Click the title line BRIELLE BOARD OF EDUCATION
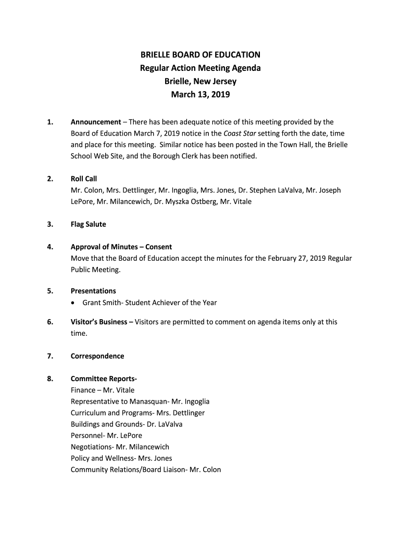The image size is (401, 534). coord(200,55)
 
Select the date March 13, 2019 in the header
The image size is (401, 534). coord(200,95)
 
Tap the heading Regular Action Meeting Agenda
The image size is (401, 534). coord(200,68)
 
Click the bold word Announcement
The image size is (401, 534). coord(96,122)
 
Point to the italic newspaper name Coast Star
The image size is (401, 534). coord(240,133)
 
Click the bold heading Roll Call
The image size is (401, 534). coord(84,179)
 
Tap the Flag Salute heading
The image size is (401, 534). coord(89,224)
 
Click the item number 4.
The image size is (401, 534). coord(50,247)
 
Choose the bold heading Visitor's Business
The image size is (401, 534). coord(102,322)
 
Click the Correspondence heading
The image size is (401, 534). coord(97,356)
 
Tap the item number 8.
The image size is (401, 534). coord(50,379)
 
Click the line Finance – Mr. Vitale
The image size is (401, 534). coord(103,390)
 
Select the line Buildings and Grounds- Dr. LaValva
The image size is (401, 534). coord(127,424)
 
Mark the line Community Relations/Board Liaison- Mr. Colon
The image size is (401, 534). coord(146,469)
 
